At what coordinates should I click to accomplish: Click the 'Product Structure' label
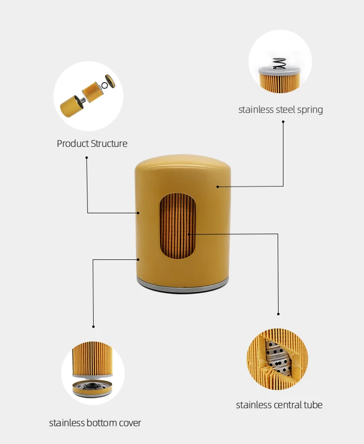pos(92,143)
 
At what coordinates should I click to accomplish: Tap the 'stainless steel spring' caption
pos(281,109)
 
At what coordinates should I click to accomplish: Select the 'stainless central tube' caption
pos(279,405)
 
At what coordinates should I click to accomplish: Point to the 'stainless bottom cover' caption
pos(95,423)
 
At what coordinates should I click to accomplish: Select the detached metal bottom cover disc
pos(93,388)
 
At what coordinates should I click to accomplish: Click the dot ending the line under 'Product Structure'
pos(87,157)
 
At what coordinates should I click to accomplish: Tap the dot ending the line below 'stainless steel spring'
pos(283,122)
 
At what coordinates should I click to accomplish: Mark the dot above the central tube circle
pos(279,314)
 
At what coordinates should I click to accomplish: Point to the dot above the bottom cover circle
pos(93,326)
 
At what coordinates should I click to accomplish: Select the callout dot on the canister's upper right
pos(218,186)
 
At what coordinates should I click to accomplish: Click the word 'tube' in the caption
pos(314,405)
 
